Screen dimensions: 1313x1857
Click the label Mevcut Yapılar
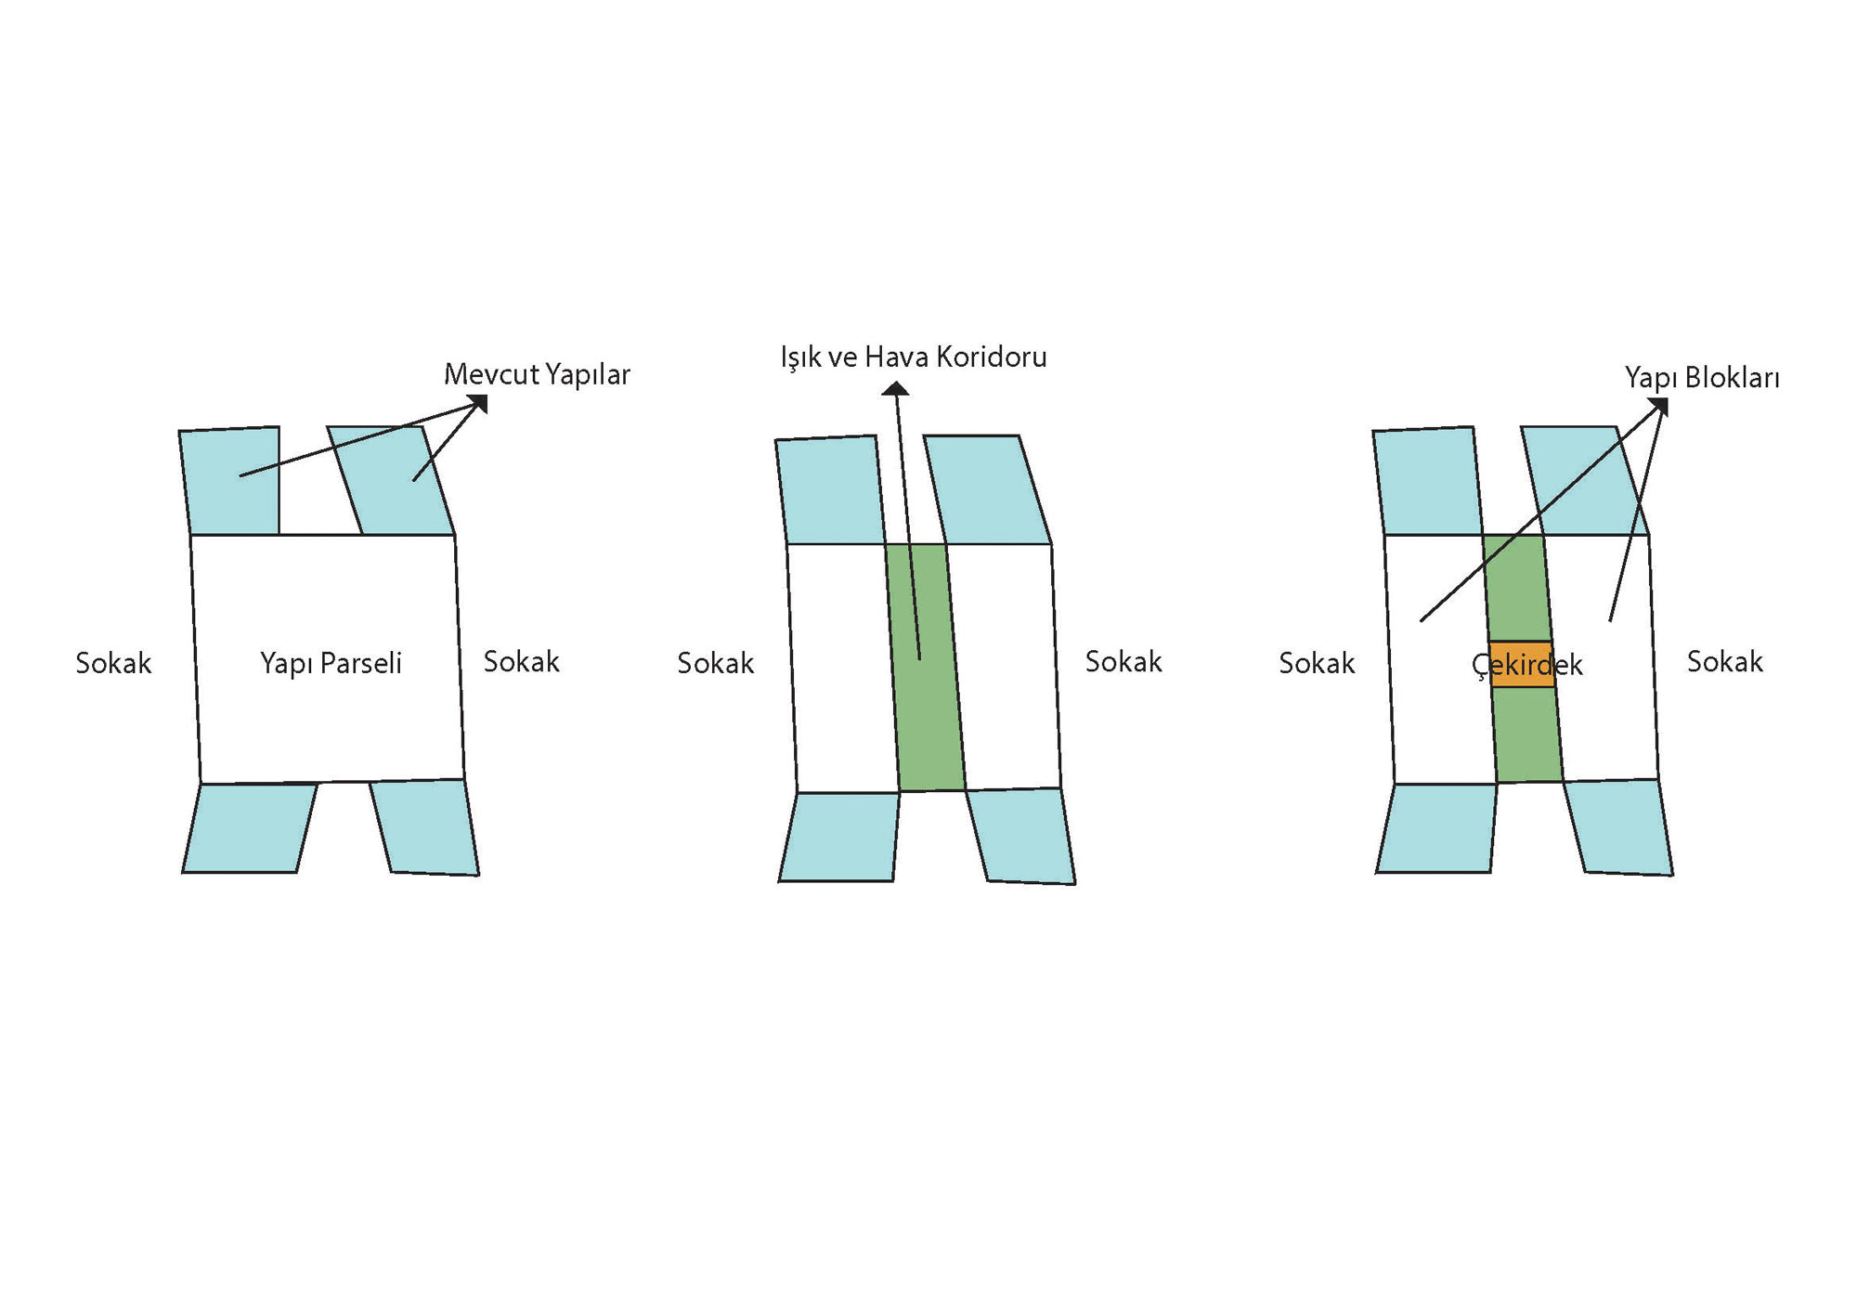tap(537, 374)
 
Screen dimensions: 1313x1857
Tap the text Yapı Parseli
tap(331, 663)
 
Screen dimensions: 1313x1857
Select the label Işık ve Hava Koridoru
tap(913, 357)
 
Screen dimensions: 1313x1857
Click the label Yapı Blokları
tap(1701, 378)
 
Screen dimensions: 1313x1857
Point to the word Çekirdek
tap(1526, 665)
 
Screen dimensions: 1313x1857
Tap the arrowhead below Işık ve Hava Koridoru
tap(895, 389)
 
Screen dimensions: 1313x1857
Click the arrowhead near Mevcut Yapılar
tap(479, 403)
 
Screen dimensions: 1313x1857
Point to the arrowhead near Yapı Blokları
tap(1659, 406)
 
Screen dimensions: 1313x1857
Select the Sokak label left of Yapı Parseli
tap(113, 663)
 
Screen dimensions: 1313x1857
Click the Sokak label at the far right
tap(1724, 662)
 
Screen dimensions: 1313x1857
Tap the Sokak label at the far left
tap(113, 663)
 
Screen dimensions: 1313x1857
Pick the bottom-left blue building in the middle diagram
tap(839, 837)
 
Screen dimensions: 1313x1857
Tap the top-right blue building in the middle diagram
tap(986, 490)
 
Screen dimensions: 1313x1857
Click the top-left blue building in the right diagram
tap(1427, 481)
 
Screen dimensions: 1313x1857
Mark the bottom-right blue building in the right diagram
tap(1619, 827)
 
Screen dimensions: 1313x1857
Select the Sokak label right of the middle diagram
tap(1123, 662)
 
